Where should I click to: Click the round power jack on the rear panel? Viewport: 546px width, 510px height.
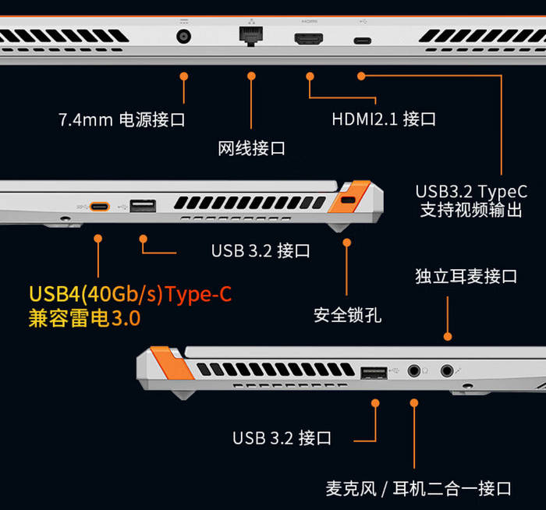(x=185, y=37)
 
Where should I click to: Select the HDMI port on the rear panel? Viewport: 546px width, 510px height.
(x=310, y=39)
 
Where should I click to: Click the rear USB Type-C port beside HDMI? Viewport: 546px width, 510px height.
(x=362, y=41)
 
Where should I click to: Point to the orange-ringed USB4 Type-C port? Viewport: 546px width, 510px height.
(x=99, y=207)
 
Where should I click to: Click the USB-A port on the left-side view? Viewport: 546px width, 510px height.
(x=143, y=207)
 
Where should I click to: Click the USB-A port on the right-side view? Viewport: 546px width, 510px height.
(x=374, y=371)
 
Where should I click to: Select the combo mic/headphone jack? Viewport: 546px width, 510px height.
(x=413, y=371)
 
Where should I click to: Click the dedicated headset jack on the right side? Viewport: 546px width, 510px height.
(x=448, y=371)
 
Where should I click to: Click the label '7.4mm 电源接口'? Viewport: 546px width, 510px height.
(x=122, y=120)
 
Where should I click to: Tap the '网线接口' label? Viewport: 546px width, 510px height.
(x=251, y=148)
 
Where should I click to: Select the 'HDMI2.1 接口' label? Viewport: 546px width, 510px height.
(x=384, y=119)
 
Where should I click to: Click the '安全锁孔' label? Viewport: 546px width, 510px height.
(x=347, y=315)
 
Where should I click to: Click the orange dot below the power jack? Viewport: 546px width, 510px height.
(x=185, y=76)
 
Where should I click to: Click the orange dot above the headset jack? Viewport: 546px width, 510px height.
(x=448, y=336)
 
